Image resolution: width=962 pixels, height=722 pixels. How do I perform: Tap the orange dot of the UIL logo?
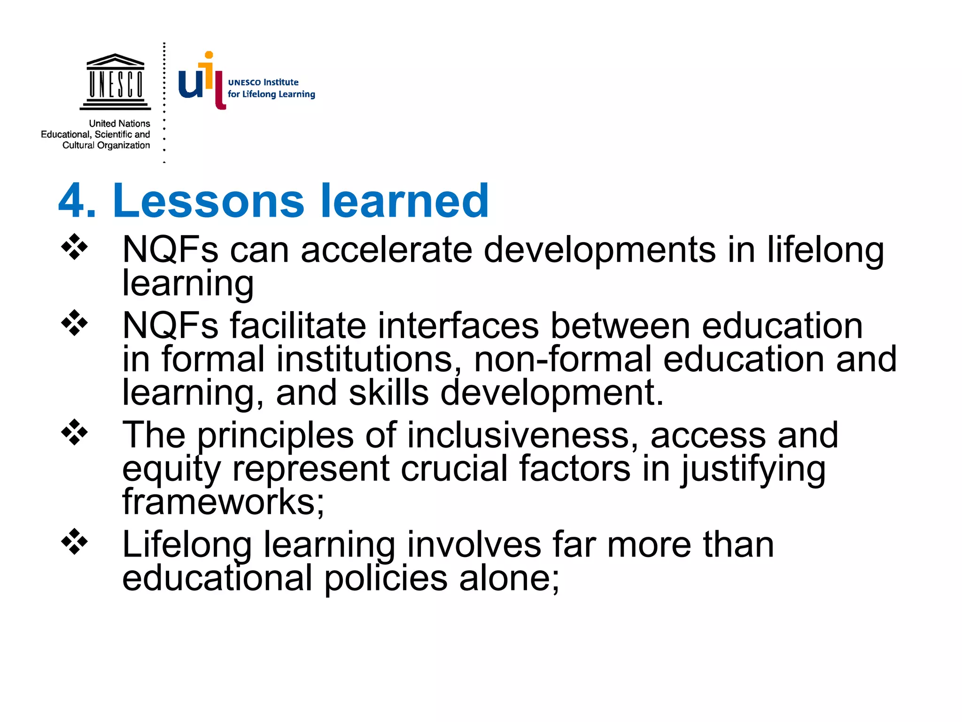tap(209, 55)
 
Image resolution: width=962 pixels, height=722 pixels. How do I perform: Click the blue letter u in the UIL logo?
tap(190, 84)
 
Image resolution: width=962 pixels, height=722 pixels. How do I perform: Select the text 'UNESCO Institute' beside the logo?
tap(263, 82)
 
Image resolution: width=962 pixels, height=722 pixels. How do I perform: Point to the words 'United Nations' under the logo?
tap(119, 124)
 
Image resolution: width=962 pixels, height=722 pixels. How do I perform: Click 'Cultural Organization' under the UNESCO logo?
tap(106, 145)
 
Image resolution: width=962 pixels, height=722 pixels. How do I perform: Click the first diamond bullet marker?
tap(74, 247)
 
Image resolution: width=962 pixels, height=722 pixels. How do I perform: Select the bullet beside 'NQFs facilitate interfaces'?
tap(74, 323)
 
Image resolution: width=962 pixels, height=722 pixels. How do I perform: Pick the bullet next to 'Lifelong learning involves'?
tap(74, 542)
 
